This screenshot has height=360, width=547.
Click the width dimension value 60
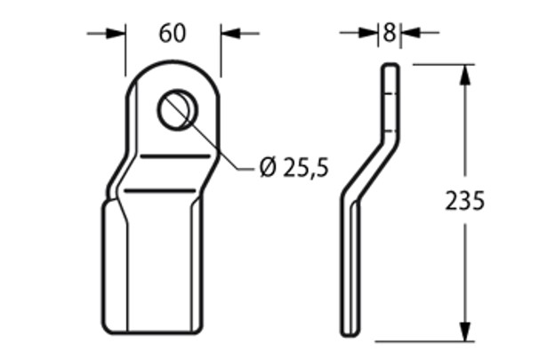[172, 34]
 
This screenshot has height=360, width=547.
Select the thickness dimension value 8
[389, 34]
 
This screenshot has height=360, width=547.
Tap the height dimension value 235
[464, 202]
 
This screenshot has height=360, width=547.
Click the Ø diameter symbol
[268, 167]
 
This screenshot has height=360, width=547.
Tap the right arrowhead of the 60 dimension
[230, 34]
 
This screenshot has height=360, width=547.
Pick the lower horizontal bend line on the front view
[158, 191]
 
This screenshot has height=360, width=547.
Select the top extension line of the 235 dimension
[440, 63]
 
